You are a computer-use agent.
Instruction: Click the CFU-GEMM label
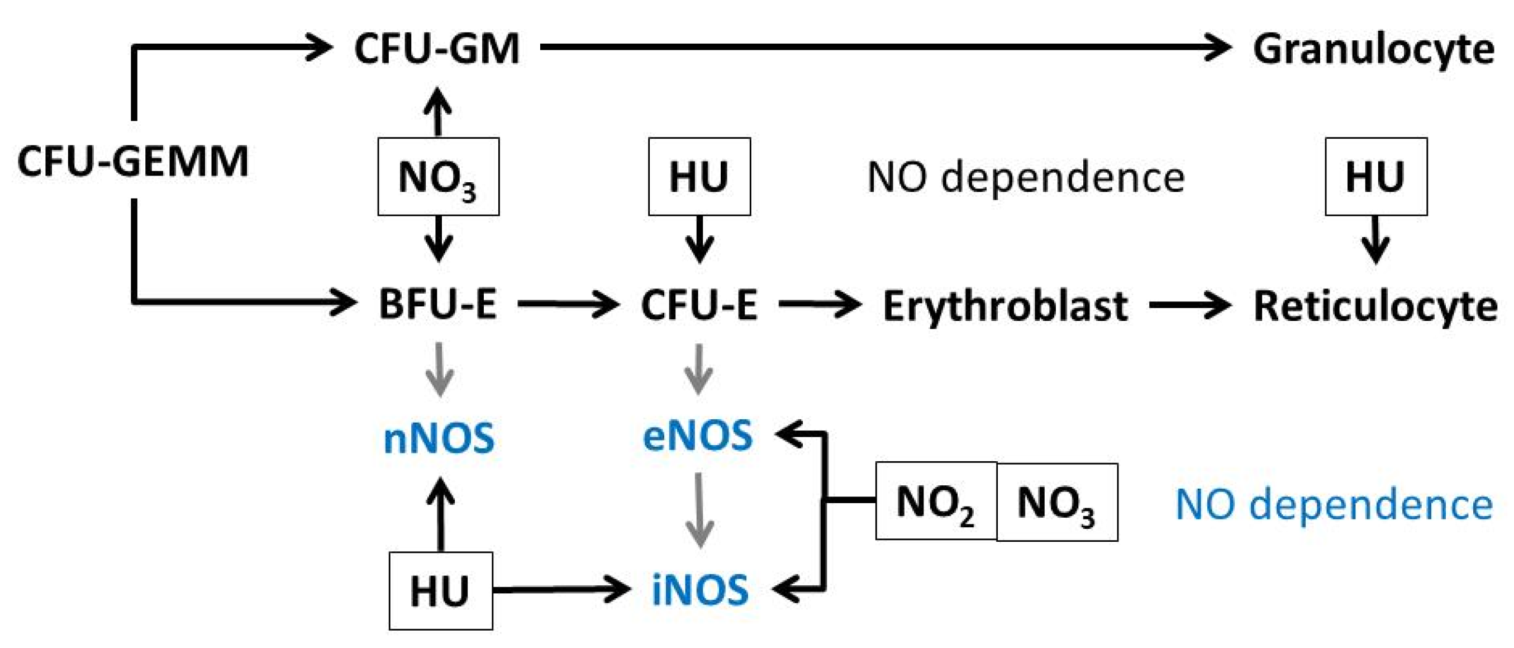tap(134, 162)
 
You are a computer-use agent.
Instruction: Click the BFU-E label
tap(438, 305)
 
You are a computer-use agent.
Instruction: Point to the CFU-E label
tap(699, 305)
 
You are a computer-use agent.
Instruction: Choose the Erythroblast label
tap(1005, 306)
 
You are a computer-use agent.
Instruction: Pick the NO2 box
tap(936, 502)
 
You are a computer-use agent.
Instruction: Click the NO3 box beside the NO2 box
tap(1057, 503)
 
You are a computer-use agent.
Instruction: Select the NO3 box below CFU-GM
tap(439, 177)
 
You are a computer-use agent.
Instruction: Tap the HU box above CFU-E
tap(699, 177)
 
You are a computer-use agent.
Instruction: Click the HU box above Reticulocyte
tap(1376, 177)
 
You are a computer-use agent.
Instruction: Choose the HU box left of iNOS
tap(440, 591)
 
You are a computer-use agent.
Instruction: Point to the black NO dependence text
tap(1026, 177)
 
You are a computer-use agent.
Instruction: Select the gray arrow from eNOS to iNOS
tap(699, 510)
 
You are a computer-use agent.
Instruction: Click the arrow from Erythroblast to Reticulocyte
tap(1189, 305)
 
